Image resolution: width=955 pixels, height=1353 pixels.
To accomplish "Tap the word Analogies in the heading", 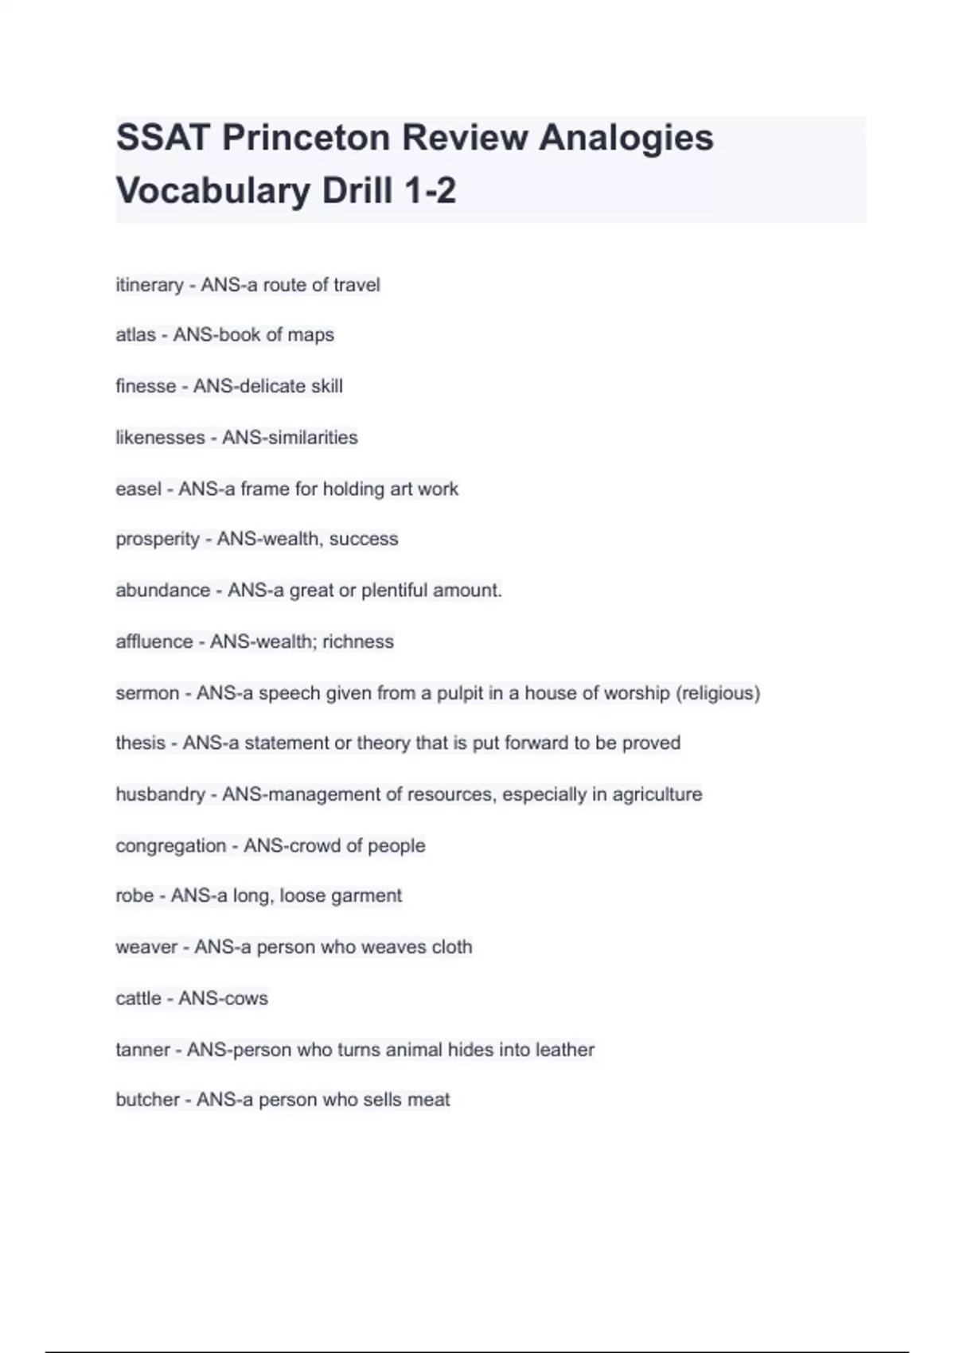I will [x=626, y=138].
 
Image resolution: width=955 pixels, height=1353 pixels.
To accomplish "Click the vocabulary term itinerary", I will [x=150, y=285].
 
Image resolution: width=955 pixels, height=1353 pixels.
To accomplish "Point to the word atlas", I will [x=135, y=335].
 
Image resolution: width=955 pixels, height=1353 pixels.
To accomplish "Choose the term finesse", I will [x=146, y=386].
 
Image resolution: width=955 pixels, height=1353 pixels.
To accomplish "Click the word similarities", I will [x=313, y=438].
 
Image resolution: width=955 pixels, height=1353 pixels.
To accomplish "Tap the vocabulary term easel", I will [x=138, y=489].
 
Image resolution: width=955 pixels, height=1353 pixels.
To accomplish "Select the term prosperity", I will [x=158, y=540].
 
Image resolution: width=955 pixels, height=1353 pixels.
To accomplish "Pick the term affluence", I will [x=154, y=641].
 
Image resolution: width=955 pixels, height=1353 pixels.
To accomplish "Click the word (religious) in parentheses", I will [x=718, y=693].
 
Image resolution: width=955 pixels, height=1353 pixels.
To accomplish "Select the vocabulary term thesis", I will [x=140, y=743].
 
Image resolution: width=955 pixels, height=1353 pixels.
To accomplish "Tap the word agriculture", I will [x=657, y=794].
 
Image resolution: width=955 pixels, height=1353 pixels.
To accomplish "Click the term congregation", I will [x=171, y=845].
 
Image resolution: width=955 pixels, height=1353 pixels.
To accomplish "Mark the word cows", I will [x=244, y=999].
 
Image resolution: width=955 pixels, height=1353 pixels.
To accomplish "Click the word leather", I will [x=565, y=1050].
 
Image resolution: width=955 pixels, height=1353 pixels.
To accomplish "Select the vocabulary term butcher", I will [x=147, y=1100].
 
